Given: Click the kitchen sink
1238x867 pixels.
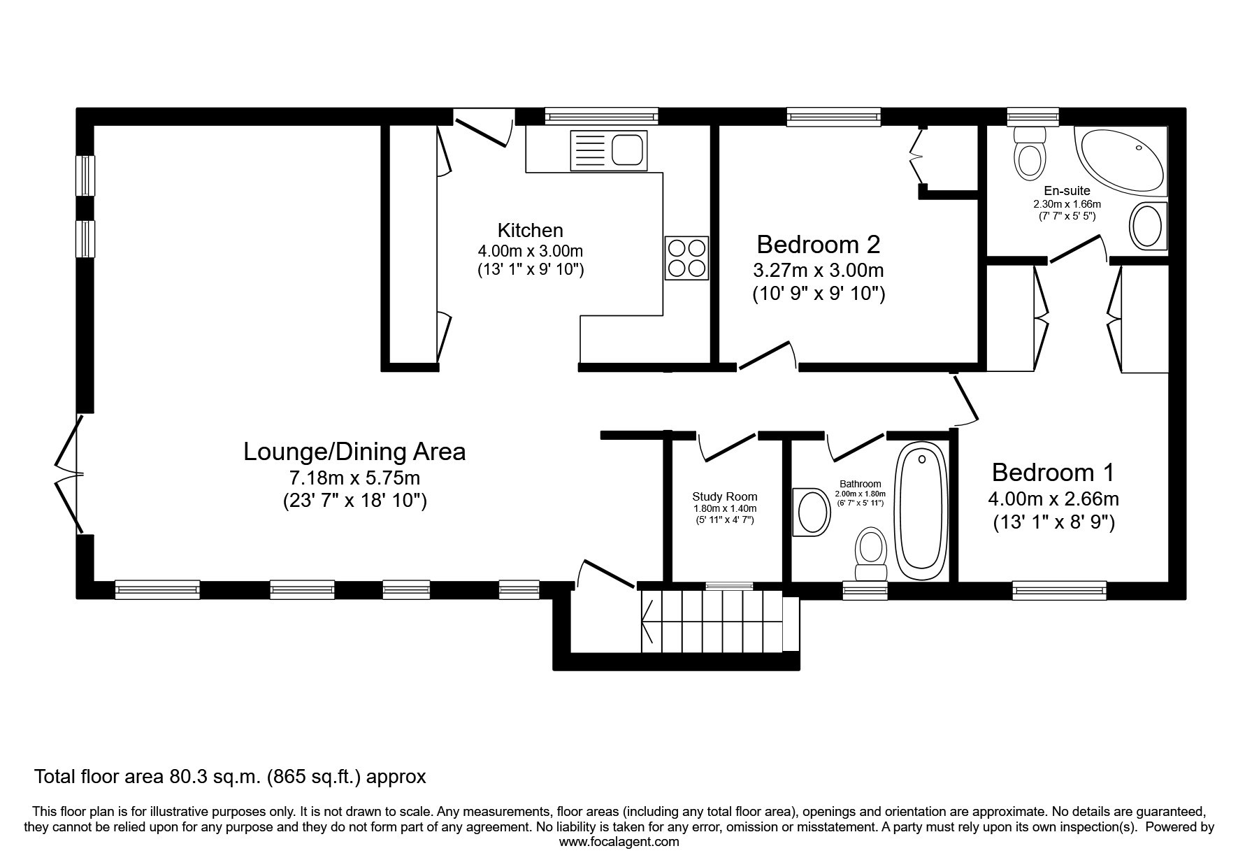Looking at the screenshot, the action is [x=609, y=150].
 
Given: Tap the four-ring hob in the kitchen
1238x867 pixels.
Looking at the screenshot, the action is [x=686, y=258].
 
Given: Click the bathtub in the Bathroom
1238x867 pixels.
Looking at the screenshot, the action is [x=922, y=510].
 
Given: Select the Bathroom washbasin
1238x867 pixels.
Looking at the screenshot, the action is [x=811, y=512].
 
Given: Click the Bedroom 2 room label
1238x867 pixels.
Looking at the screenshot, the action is [x=818, y=245].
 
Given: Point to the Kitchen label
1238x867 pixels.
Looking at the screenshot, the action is [x=530, y=230].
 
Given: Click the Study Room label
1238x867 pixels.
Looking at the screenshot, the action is [x=725, y=497].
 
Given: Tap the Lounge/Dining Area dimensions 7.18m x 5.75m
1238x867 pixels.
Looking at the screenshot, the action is [x=355, y=478].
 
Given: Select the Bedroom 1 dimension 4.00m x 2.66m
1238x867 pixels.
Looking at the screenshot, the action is [x=1053, y=499].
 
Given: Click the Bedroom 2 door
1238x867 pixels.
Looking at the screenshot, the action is [x=768, y=355].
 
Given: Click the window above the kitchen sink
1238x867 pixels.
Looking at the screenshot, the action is [x=601, y=116].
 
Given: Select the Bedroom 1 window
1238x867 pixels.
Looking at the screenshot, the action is [x=1060, y=590].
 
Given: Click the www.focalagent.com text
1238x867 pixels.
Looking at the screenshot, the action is [x=619, y=842].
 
